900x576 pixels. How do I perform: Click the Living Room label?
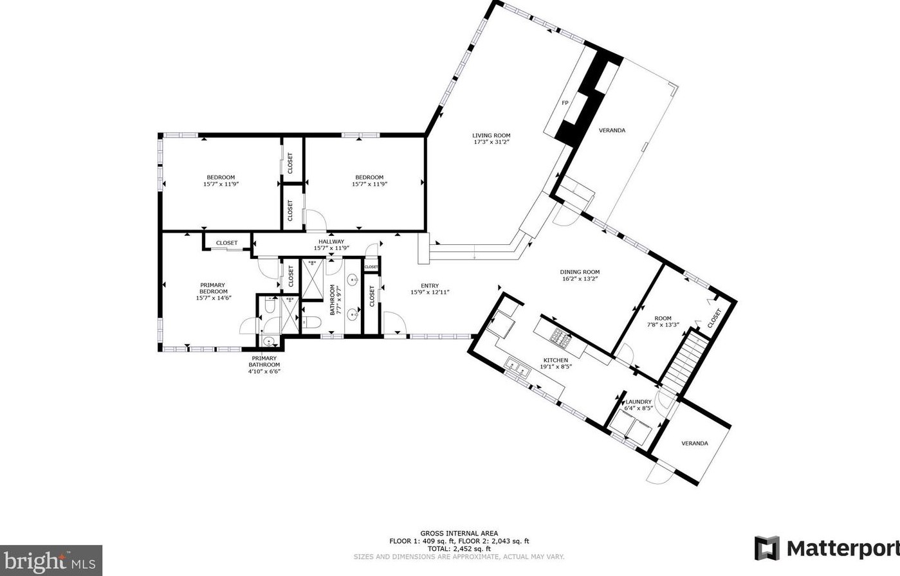click(x=491, y=135)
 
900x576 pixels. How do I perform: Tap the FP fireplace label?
click(x=565, y=103)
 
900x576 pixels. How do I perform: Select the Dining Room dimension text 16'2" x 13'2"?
click(x=580, y=278)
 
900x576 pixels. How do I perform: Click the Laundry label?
click(x=638, y=401)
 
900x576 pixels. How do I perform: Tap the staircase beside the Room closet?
click(x=683, y=362)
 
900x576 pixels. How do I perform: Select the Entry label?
click(x=430, y=286)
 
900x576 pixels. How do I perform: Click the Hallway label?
click(x=331, y=241)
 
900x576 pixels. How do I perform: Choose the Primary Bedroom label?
click(x=214, y=288)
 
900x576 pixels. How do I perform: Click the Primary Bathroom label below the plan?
click(x=264, y=361)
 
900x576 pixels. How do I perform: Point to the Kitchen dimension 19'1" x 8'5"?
click(x=556, y=366)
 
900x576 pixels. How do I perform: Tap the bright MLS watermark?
click(x=51, y=561)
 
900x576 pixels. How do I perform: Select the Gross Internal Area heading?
click(x=459, y=534)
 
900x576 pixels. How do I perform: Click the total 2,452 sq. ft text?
click(x=459, y=548)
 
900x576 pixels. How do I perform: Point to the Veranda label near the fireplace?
click(x=612, y=130)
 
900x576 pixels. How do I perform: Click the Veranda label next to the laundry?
click(x=695, y=443)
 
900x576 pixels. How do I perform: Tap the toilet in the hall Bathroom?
click(x=311, y=323)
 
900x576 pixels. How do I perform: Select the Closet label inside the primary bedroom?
click(x=226, y=243)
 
